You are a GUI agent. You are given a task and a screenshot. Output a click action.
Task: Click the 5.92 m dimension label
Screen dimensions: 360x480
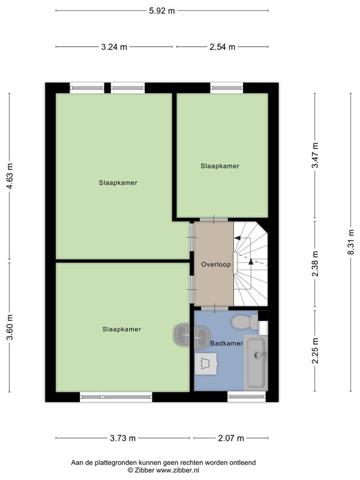click(x=161, y=11)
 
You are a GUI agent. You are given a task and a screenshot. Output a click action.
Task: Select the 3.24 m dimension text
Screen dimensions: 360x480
click(x=114, y=47)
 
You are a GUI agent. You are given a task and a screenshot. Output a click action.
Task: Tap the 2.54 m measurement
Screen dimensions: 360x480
click(x=222, y=47)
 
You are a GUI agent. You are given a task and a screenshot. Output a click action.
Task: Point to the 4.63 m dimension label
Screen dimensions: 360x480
click(x=10, y=176)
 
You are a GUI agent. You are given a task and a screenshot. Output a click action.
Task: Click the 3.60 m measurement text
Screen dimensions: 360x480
click(x=10, y=327)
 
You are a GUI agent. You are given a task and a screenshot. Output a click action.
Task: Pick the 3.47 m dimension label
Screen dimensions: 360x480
click(x=315, y=155)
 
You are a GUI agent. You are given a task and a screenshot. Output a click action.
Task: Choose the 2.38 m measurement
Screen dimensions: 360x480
click(x=315, y=263)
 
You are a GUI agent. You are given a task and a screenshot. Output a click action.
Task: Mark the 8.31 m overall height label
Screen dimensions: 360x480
click(x=351, y=242)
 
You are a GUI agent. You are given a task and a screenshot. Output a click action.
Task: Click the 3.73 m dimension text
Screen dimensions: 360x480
click(x=122, y=438)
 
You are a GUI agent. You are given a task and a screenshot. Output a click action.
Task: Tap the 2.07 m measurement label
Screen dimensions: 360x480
click(x=231, y=438)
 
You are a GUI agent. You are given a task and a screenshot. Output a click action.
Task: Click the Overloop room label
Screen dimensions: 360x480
click(x=216, y=264)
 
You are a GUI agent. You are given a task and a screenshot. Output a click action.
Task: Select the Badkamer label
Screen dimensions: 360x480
click(x=227, y=343)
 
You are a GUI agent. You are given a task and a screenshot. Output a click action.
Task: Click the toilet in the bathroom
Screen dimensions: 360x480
click(x=245, y=322)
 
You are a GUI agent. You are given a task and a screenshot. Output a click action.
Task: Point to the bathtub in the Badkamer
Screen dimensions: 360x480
click(x=256, y=363)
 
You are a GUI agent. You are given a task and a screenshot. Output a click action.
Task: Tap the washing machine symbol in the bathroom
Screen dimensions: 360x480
click(x=206, y=364)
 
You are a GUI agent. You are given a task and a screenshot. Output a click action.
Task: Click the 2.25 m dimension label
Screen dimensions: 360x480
click(x=315, y=350)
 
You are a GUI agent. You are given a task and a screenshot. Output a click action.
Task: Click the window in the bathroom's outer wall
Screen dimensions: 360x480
click(x=247, y=397)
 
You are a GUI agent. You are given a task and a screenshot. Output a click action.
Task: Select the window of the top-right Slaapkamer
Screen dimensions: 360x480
click(x=227, y=88)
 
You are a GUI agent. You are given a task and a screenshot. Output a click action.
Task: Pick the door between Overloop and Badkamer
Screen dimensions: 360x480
click(x=215, y=308)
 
